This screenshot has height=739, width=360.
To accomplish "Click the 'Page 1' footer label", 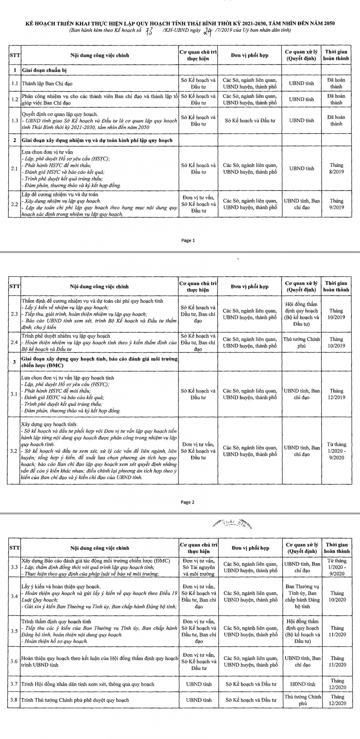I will pyautogui.click(x=188, y=240).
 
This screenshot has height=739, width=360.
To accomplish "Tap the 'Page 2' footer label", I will pyautogui.click(x=188, y=502).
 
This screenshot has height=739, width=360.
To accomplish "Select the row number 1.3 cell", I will pyautogui.click(x=15, y=120).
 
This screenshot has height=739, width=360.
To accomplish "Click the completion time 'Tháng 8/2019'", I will pyautogui.click(x=336, y=168).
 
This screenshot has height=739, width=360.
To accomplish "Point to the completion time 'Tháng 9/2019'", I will pyautogui.click(x=336, y=204).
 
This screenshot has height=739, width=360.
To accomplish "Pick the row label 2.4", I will pyautogui.click(x=15, y=342).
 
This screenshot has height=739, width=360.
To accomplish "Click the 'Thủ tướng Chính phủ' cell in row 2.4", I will pyautogui.click(x=301, y=342).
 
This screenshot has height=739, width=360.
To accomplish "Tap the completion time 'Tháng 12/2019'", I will pyautogui.click(x=336, y=394).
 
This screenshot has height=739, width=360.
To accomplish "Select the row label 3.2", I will pyautogui.click(x=14, y=451).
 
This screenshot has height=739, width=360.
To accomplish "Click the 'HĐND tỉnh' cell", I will pyautogui.click(x=303, y=684).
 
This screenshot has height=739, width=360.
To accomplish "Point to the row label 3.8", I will pyautogui.click(x=14, y=700).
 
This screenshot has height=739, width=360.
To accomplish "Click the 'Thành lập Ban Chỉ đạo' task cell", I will pyautogui.click(x=47, y=83).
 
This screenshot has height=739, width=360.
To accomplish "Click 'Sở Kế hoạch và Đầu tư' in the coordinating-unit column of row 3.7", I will pyautogui.click(x=251, y=684).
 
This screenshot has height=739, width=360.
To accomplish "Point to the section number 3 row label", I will pyautogui.click(x=14, y=362).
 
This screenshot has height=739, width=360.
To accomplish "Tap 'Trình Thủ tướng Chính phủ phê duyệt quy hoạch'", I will pyautogui.click(x=75, y=700).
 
